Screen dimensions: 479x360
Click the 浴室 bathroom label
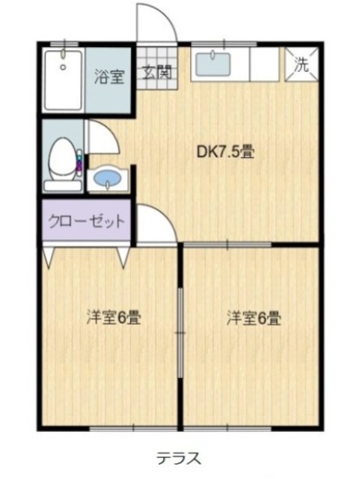(x=109, y=76)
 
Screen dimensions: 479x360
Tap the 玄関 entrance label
(x=158, y=73)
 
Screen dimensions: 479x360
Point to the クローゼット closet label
(x=86, y=222)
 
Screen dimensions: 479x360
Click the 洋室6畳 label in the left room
(x=113, y=317)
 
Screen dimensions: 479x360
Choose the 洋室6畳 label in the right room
(x=254, y=317)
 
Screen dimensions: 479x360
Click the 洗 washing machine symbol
(x=301, y=64)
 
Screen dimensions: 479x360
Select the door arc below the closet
(x=156, y=225)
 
